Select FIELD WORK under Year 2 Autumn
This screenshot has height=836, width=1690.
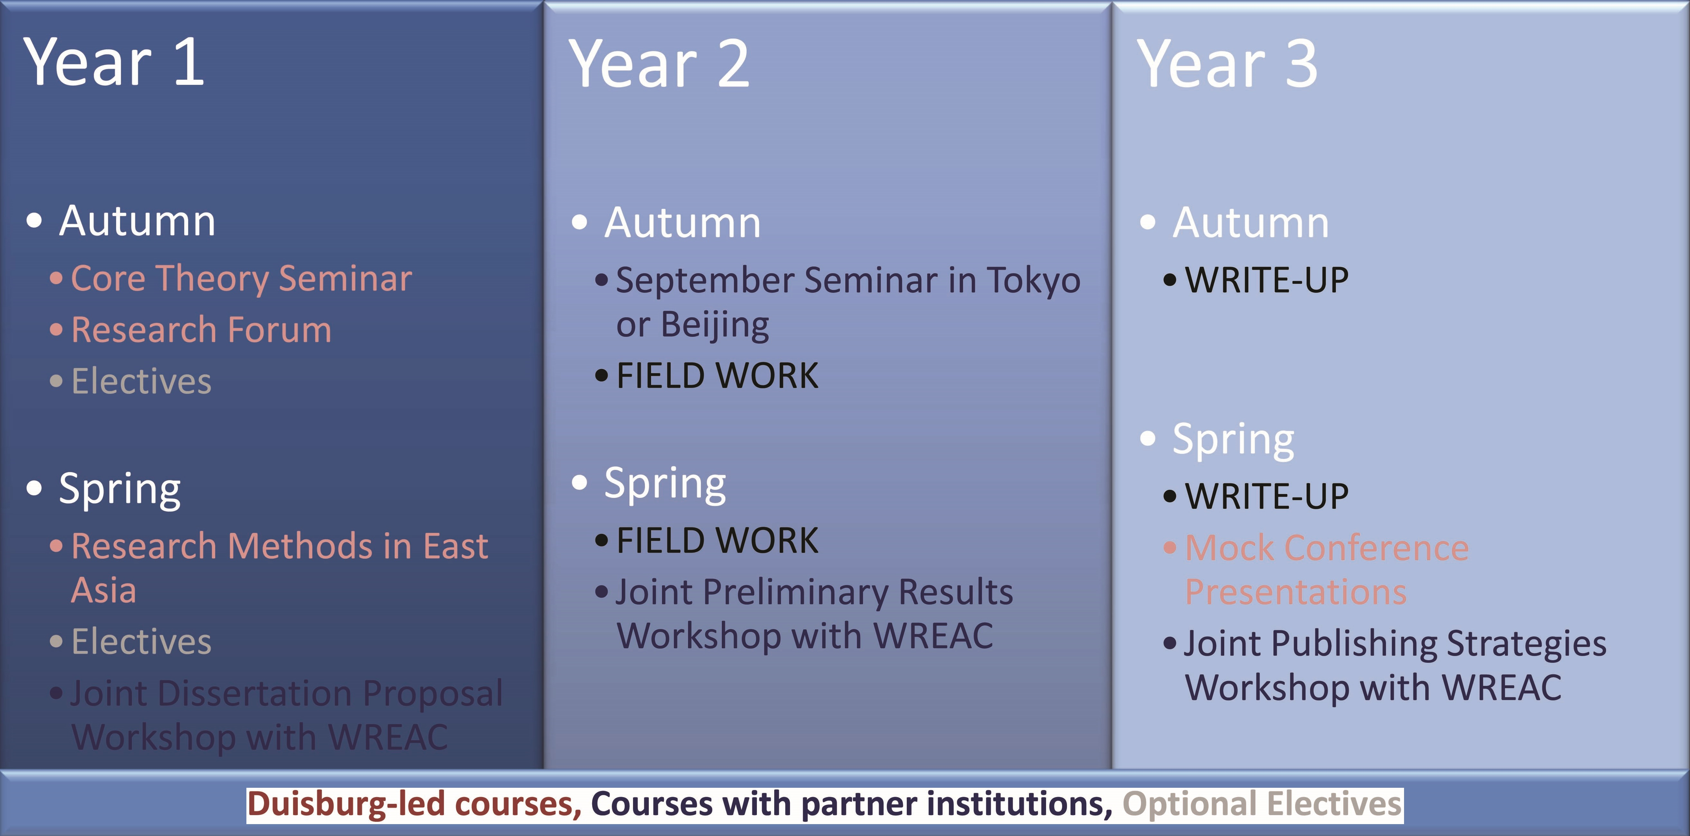coord(717,376)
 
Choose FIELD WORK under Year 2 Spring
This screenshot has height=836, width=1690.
coord(717,541)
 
